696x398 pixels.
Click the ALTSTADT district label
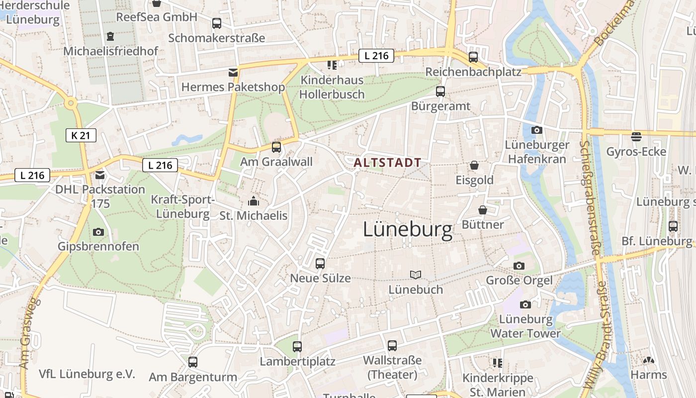pyautogui.click(x=387, y=162)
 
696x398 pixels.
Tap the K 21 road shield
pyautogui.click(x=81, y=135)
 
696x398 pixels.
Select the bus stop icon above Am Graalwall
pyautogui.click(x=276, y=147)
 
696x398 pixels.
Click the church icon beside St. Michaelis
pyautogui.click(x=254, y=201)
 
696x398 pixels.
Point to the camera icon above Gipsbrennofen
pyautogui.click(x=98, y=232)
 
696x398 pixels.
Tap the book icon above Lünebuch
pyautogui.click(x=416, y=275)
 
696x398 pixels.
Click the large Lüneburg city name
pyautogui.click(x=408, y=230)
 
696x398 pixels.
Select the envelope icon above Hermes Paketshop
pyautogui.click(x=233, y=73)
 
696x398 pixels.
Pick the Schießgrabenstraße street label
pyautogui.click(x=590, y=198)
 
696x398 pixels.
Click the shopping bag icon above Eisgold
pyautogui.click(x=474, y=165)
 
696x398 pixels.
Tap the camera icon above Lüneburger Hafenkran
pyautogui.click(x=536, y=130)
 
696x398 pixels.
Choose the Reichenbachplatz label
pyautogui.click(x=473, y=72)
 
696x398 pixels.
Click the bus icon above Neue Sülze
pyautogui.click(x=320, y=264)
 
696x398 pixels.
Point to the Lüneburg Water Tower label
pyautogui.click(x=525, y=326)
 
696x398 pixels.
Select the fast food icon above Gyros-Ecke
pyautogui.click(x=636, y=137)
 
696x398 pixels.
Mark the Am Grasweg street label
pyautogui.click(x=29, y=333)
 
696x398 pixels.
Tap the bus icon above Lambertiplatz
pyautogui.click(x=297, y=347)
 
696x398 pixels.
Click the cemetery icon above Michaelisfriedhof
pyautogui.click(x=110, y=36)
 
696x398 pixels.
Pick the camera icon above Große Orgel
pyautogui.click(x=519, y=266)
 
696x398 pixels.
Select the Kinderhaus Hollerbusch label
pyautogui.click(x=332, y=87)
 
